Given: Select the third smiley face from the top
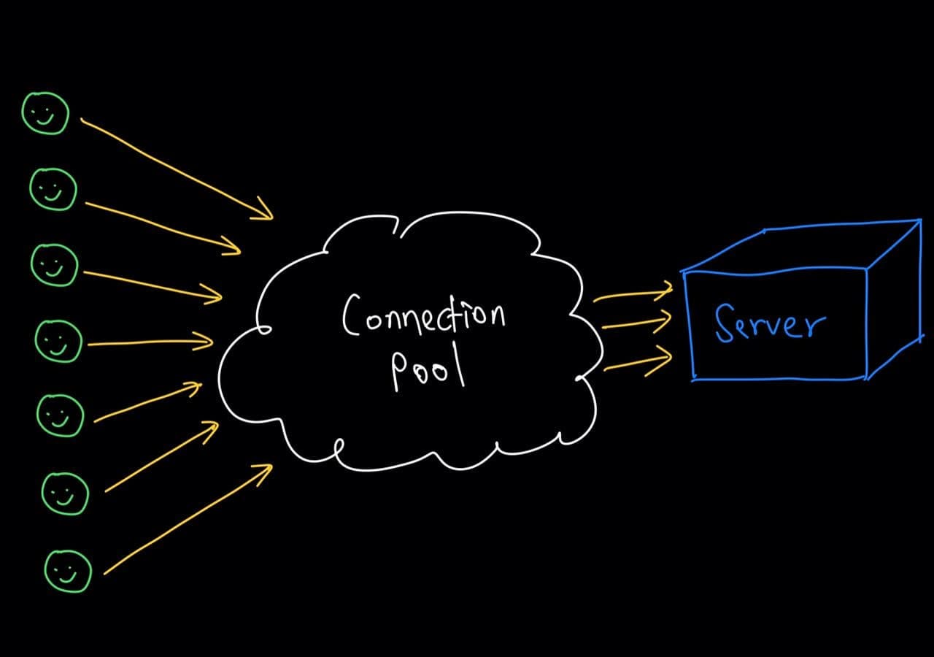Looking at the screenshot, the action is point(54,264).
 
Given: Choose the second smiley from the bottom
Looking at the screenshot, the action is point(64,493).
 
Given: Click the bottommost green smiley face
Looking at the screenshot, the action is point(68,571).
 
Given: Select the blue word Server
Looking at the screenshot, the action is point(770,323).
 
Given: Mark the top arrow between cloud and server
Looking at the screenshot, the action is point(632,295).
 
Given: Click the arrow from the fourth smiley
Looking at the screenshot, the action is point(150,342).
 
